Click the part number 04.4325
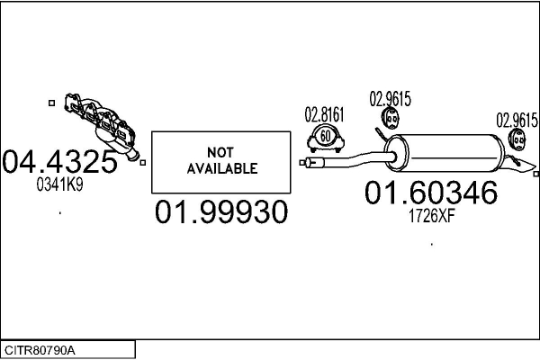pyautogui.click(x=59, y=161)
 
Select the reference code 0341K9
pyautogui.click(x=60, y=185)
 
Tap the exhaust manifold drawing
pyautogui.click(x=103, y=125)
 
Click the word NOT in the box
pyautogui.click(x=220, y=152)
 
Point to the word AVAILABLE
pyautogui.click(x=222, y=168)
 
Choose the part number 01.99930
pyautogui.click(x=221, y=211)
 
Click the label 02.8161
pyautogui.click(x=324, y=114)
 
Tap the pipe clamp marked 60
pyautogui.click(x=326, y=139)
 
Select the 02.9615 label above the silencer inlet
pyautogui.click(x=391, y=99)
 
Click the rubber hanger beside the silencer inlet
pyautogui.click(x=391, y=118)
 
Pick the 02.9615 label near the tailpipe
pyautogui.click(x=517, y=121)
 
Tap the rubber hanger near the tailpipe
pyautogui.click(x=517, y=139)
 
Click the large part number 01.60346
pyautogui.click(x=431, y=193)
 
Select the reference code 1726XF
pyautogui.click(x=432, y=216)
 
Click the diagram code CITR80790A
pyautogui.click(x=40, y=351)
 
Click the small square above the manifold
pyautogui.click(x=51, y=103)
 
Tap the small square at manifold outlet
pyautogui.click(x=143, y=163)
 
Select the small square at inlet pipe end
pyautogui.click(x=302, y=163)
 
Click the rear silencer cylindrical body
pyautogui.click(x=445, y=153)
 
